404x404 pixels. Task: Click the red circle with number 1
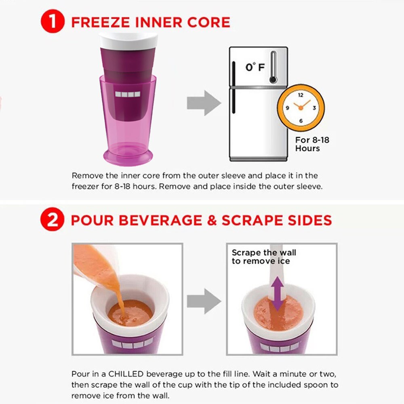click(52, 21)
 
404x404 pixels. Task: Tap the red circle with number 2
click(52, 220)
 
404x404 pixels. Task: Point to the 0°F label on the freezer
click(255, 67)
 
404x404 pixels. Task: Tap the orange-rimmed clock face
click(301, 108)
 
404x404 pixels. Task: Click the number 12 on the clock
click(301, 95)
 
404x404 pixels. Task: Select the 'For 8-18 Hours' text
click(312, 144)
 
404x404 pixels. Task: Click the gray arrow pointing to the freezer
click(204, 103)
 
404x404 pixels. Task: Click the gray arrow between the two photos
click(204, 301)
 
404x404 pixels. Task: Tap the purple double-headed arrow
click(277, 294)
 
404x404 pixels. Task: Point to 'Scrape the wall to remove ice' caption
click(263, 257)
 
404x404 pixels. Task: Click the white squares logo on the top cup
click(128, 94)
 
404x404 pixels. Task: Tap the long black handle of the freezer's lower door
click(234, 101)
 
